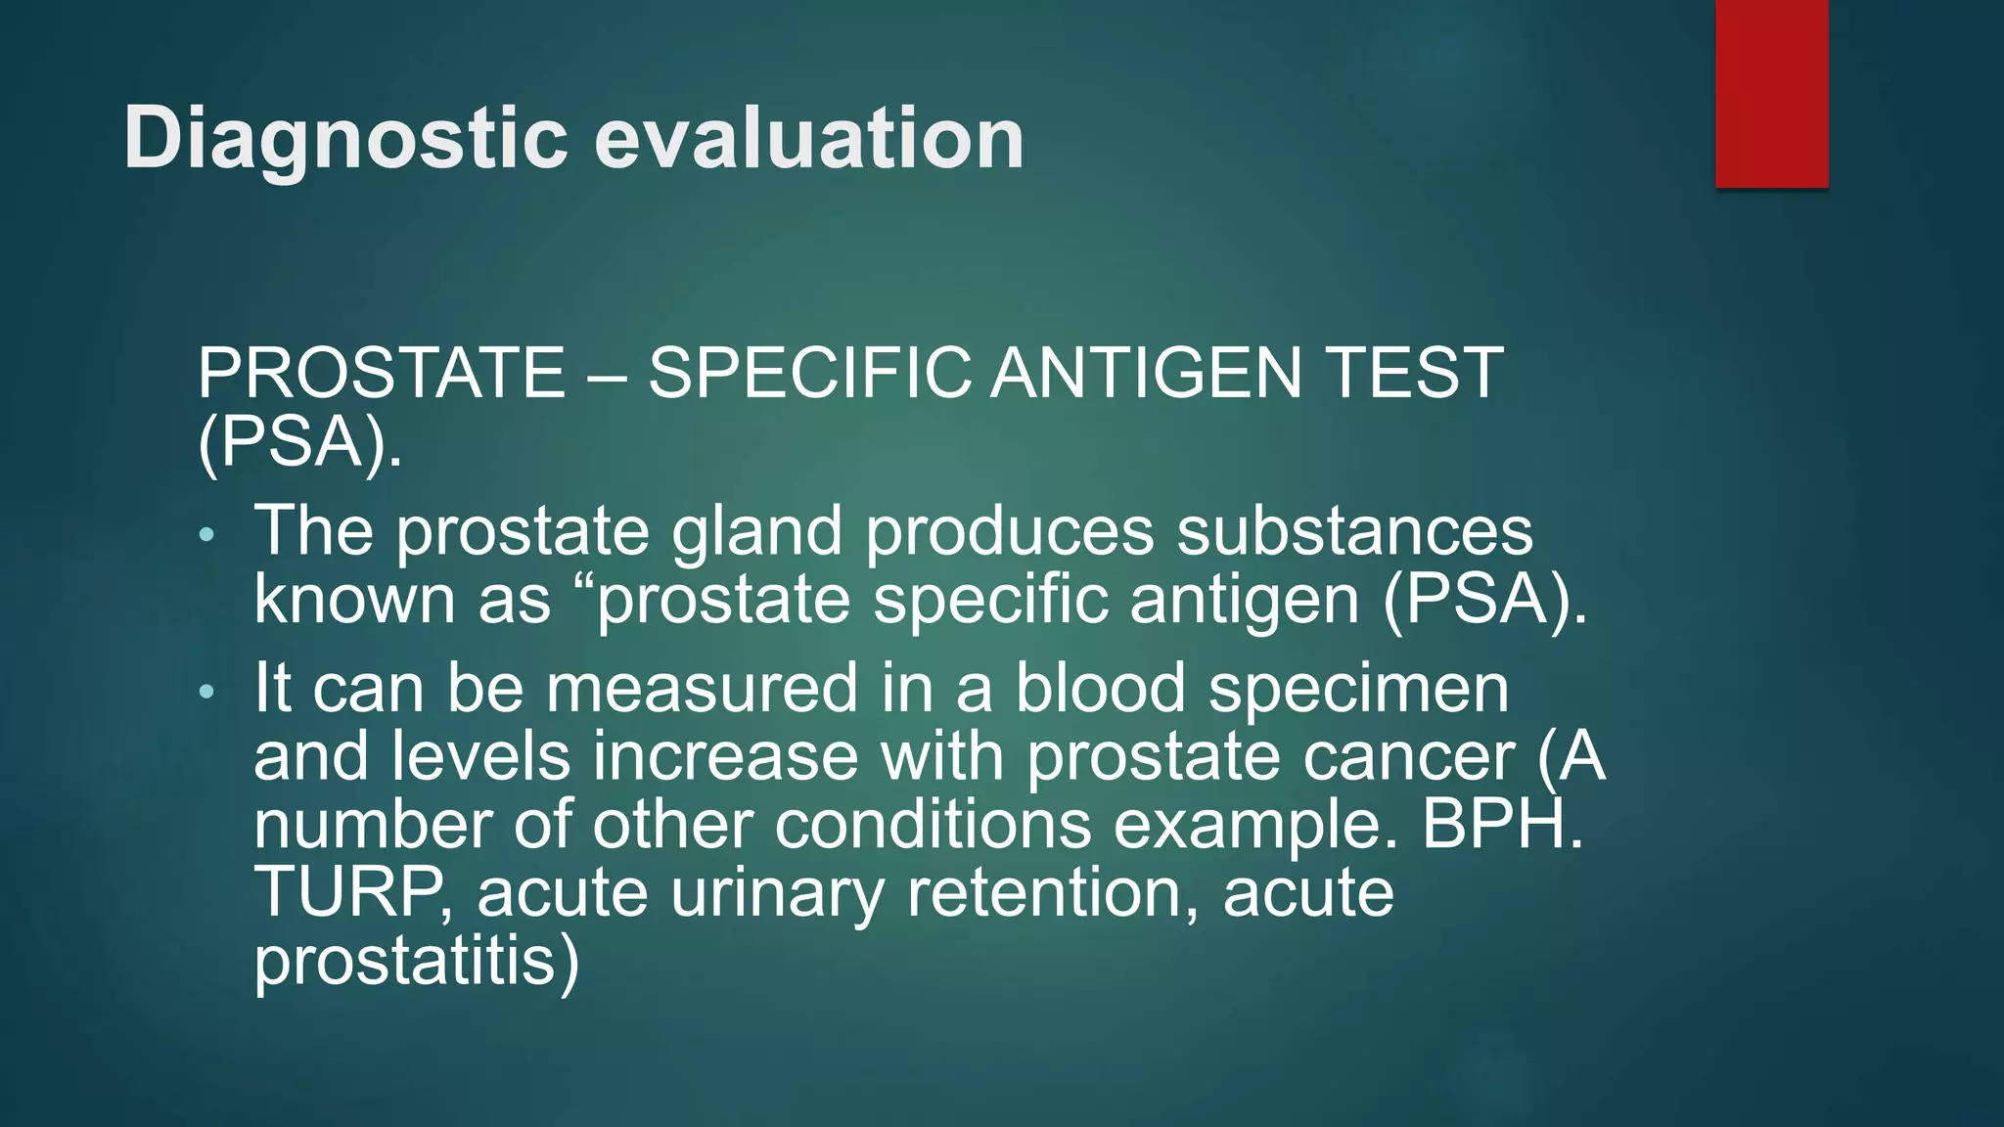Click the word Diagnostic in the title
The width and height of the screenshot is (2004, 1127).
(x=345, y=140)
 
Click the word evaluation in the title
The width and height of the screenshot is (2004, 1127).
(x=809, y=138)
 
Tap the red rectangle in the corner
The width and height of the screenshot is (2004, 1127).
(x=1771, y=93)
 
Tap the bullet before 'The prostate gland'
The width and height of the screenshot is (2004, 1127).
(x=205, y=535)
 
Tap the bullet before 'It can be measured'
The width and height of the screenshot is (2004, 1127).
(x=205, y=693)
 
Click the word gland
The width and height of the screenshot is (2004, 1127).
(x=756, y=533)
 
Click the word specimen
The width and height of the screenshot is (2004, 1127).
(x=1359, y=691)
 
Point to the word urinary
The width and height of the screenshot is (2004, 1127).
(x=778, y=894)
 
